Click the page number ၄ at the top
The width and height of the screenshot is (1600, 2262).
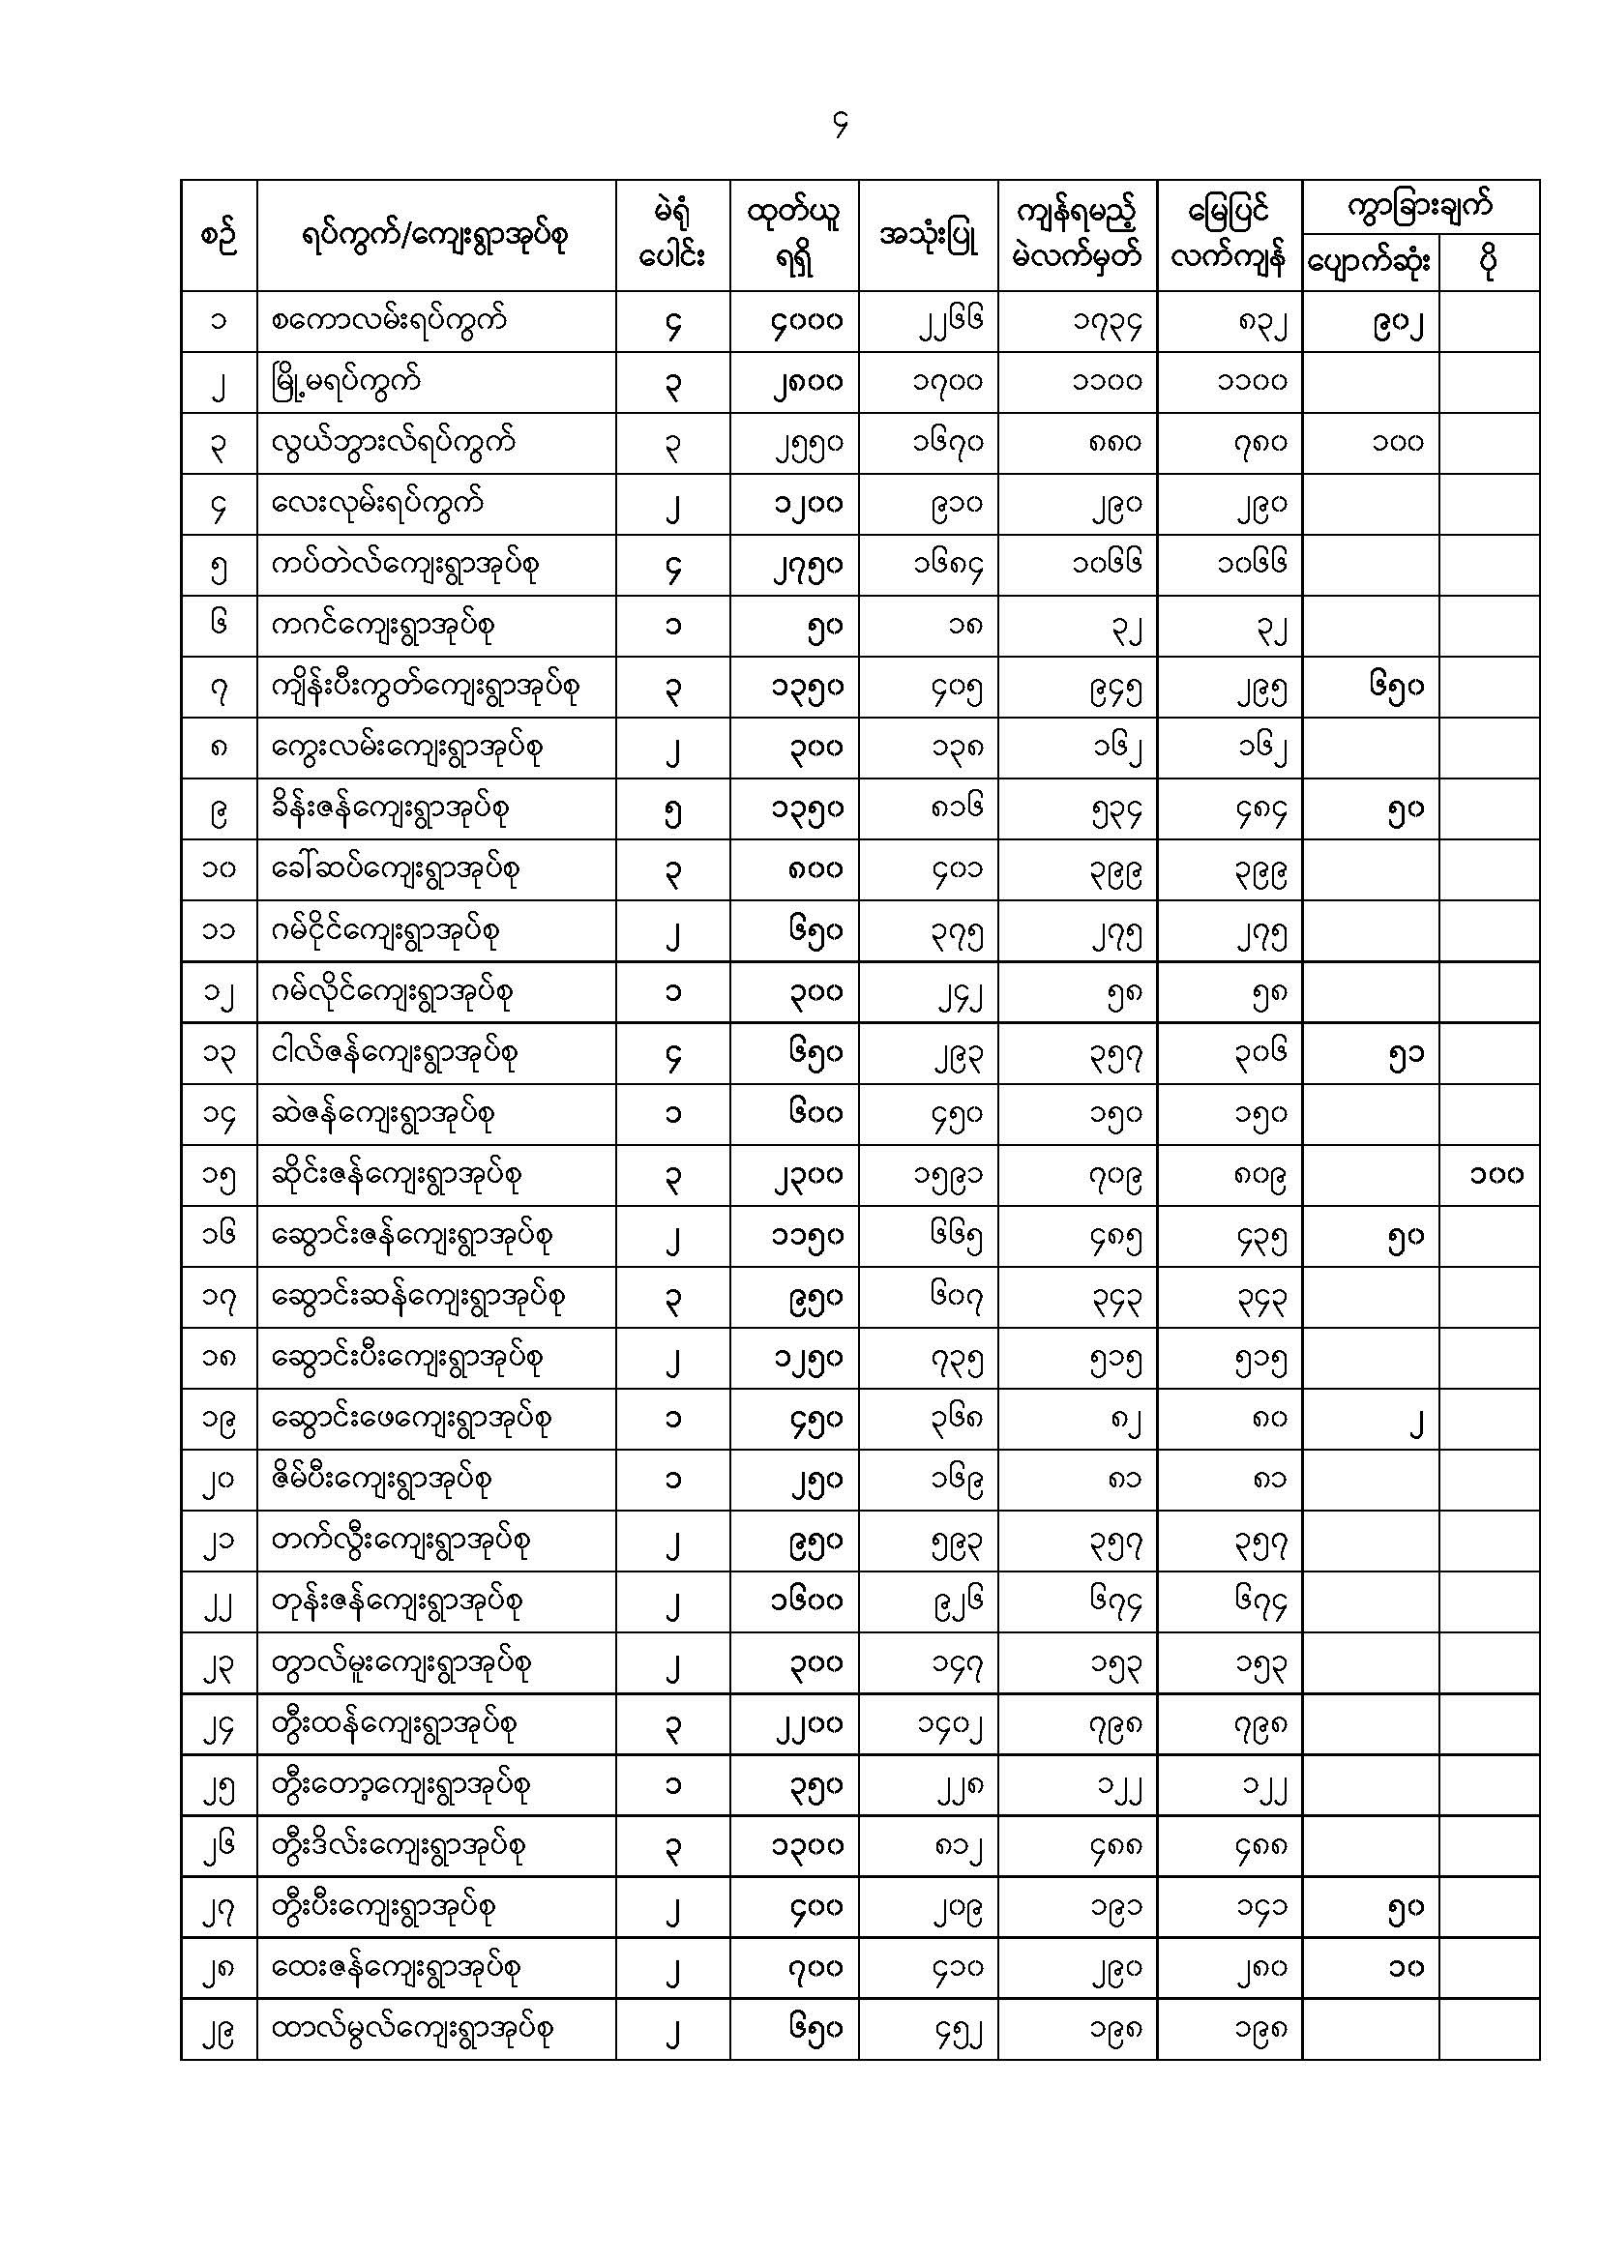(840, 125)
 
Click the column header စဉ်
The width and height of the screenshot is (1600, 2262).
(219, 236)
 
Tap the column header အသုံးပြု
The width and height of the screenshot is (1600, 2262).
(927, 236)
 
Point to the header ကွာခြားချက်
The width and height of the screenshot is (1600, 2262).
(1420, 207)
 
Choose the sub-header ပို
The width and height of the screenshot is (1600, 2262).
(1489, 263)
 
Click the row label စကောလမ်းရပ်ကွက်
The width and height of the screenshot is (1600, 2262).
(389, 321)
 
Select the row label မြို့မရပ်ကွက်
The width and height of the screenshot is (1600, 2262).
(345, 382)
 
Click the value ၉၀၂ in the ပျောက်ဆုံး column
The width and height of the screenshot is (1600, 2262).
(1398, 322)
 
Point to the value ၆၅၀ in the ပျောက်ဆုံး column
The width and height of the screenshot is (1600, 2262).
(1396, 687)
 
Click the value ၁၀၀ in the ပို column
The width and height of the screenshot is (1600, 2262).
(1496, 1174)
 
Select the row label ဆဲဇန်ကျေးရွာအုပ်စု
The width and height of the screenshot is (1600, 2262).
(383, 1114)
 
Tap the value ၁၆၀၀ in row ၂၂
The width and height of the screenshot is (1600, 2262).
(807, 1601)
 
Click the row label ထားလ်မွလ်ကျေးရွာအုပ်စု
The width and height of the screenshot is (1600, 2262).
(412, 2029)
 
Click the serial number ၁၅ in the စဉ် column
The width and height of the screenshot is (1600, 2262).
(219, 1175)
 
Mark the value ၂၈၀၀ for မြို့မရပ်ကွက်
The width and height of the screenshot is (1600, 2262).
(807, 382)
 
